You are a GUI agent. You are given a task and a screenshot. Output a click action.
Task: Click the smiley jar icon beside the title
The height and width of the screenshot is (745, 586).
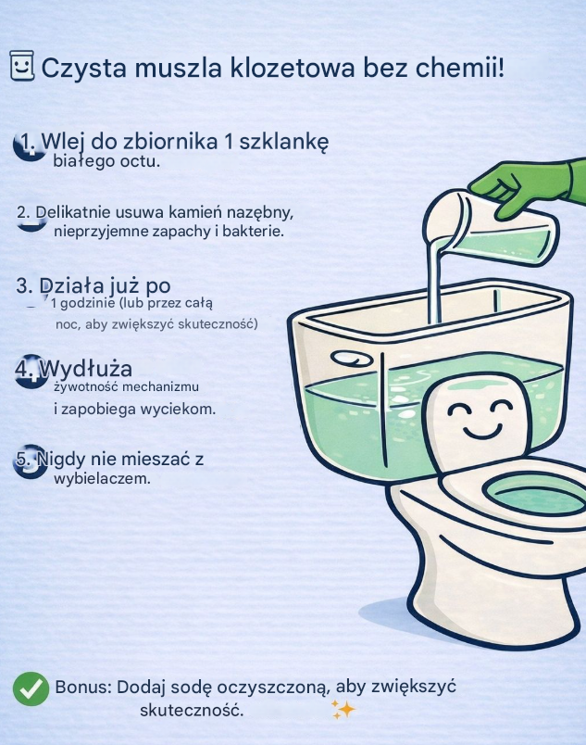(x=22, y=65)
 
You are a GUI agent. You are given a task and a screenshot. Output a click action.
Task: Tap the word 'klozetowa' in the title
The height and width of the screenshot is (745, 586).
(x=293, y=68)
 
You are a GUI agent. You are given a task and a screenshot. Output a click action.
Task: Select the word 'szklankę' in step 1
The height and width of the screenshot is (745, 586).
(x=283, y=142)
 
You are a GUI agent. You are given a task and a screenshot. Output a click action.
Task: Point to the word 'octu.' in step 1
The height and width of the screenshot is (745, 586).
(x=140, y=161)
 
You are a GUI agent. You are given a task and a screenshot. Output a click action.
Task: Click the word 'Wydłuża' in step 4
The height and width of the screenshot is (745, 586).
(x=86, y=369)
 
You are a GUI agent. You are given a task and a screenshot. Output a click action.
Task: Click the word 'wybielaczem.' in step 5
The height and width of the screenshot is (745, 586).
(x=102, y=478)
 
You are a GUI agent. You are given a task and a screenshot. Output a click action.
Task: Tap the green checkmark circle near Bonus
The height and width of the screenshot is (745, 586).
(x=31, y=688)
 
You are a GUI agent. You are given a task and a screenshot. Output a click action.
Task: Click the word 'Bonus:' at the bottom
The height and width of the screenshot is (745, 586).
(x=83, y=687)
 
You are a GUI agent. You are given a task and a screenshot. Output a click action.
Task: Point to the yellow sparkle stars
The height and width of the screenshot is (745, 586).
(x=343, y=709)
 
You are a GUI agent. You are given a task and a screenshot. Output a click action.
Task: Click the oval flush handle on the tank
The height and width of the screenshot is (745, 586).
(x=352, y=359)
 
